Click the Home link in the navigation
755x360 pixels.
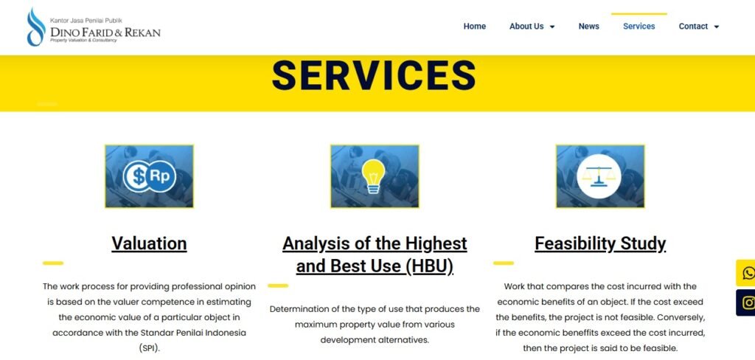474,27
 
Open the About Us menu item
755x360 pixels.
526,27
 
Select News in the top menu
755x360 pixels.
588,27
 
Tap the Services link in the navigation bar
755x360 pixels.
639,27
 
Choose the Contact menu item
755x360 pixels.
693,27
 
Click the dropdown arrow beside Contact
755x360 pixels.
716,27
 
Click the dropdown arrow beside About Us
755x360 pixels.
552,27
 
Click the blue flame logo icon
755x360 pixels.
36,27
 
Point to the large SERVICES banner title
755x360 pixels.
374,75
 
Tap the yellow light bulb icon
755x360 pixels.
374,176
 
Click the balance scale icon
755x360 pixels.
599,176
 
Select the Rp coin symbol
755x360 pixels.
160,176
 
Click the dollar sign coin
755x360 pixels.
136,176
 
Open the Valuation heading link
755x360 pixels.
149,243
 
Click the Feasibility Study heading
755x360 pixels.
600,243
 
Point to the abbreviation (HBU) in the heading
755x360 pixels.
429,266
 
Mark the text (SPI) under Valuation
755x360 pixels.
149,348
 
